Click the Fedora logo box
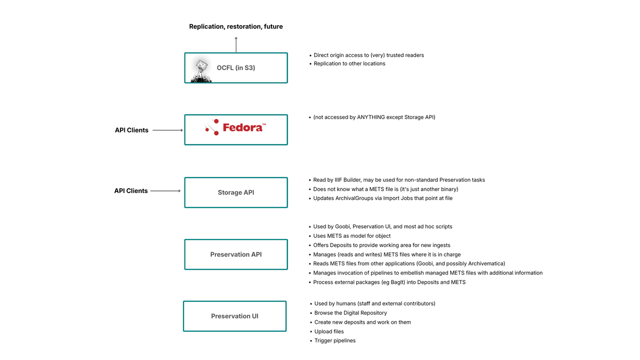[x=236, y=130]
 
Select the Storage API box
[x=236, y=193]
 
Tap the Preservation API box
[x=236, y=254]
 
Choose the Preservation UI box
[x=235, y=316]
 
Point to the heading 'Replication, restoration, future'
[x=236, y=27]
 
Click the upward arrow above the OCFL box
[x=236, y=44]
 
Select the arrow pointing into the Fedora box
[x=167, y=130]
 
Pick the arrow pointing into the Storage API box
[x=165, y=191]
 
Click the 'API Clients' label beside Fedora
[x=132, y=130]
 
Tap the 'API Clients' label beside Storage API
[x=131, y=191]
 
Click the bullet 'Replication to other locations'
[x=349, y=63]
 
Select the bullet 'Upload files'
[x=329, y=332]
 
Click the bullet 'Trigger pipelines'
[x=335, y=341]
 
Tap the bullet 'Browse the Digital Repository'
[x=350, y=313]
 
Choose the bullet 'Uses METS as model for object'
[x=352, y=236]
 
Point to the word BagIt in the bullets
[x=386, y=282]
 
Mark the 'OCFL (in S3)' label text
[x=236, y=68]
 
